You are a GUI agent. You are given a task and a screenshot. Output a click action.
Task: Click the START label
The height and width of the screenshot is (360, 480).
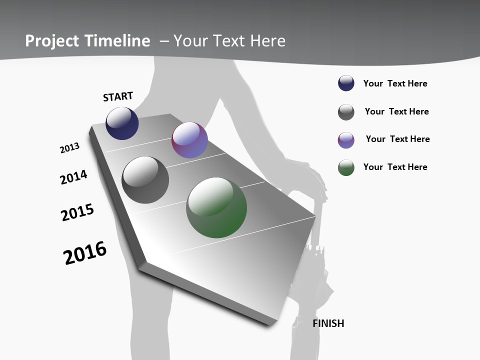118,96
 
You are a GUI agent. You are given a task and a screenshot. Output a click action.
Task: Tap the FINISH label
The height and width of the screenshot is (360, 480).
328,323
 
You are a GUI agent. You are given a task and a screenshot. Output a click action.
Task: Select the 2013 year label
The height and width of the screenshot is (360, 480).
69,148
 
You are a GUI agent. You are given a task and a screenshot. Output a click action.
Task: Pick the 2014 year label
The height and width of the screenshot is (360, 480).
73,177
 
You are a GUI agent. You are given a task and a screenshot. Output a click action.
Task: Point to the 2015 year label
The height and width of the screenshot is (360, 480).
77,212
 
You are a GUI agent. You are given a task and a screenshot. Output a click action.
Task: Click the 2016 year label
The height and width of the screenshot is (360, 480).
85,253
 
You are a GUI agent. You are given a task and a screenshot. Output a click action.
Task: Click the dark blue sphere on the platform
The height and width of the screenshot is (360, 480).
122,123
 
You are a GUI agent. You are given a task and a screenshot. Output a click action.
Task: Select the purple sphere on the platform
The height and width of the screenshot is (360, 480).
189,140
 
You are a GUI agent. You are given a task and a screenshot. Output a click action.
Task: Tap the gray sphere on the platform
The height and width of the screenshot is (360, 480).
145,180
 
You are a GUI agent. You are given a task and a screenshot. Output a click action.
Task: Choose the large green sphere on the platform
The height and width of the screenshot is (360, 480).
216,207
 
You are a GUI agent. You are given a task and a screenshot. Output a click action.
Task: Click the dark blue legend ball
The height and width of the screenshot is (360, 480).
346,83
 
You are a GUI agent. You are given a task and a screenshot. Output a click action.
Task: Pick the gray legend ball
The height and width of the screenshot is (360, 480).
346,112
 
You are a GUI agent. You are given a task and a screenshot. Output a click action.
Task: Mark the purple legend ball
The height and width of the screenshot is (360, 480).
346,140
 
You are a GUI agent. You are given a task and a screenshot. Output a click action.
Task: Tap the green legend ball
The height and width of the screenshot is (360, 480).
346,167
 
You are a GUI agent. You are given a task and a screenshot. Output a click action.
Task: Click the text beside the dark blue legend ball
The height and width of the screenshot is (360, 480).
395,83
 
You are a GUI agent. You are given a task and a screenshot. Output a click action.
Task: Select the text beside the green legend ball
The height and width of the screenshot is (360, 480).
395,167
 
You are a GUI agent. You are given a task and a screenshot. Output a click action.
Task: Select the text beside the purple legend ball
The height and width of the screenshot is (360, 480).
397,139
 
